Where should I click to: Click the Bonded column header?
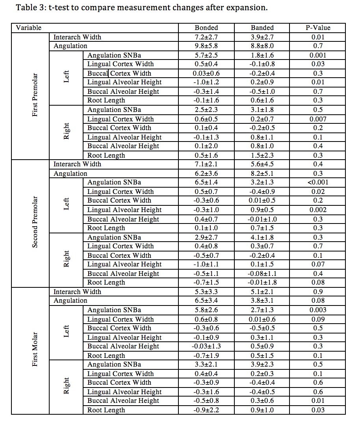pos(206,28)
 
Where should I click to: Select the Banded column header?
pos(262,28)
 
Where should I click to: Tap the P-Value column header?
pos(317,28)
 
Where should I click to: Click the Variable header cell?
pos(29,28)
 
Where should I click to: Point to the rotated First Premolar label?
pos(35,95)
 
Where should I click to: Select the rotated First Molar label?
pos(35,350)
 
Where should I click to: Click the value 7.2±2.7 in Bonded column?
pos(206,37)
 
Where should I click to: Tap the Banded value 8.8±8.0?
pos(262,46)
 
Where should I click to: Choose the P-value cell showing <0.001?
pos(317,183)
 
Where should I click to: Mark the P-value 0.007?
pos(317,119)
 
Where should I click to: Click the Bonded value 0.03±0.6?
pos(206,73)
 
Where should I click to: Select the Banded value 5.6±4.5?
pos(262,164)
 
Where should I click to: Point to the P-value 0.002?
pos(317,210)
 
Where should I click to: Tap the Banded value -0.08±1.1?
pos(262,274)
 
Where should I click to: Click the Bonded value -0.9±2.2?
pos(206,410)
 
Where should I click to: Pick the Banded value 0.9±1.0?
pos(262,410)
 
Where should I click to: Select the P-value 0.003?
pos(317,310)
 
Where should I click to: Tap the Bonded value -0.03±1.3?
pos(206,346)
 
